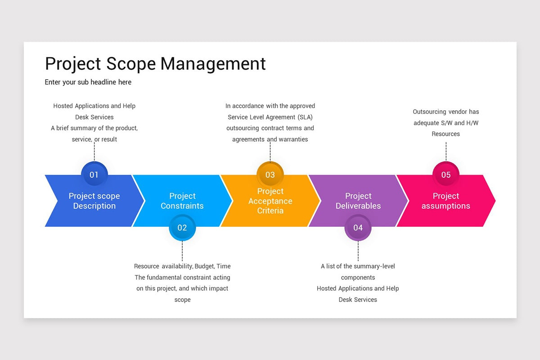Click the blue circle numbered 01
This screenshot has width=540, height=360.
(94, 174)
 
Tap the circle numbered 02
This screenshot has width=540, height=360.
(182, 227)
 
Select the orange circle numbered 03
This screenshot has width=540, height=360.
(270, 174)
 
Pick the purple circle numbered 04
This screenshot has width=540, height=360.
(358, 227)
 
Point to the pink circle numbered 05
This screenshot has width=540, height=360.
(446, 174)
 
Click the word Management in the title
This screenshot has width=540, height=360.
(213, 64)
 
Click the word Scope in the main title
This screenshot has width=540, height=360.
(131, 64)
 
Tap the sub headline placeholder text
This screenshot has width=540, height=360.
(88, 82)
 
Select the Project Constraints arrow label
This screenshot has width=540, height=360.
(182, 201)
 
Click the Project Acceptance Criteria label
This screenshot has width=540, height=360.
(270, 201)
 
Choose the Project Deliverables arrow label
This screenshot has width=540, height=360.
(358, 201)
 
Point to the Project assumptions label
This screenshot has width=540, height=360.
(446, 201)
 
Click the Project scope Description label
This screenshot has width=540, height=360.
(94, 201)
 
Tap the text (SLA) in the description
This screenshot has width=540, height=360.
(305, 117)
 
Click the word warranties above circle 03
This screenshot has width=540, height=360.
(293, 139)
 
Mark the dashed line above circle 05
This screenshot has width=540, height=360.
(446, 152)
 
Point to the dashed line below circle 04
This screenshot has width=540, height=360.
(358, 251)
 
